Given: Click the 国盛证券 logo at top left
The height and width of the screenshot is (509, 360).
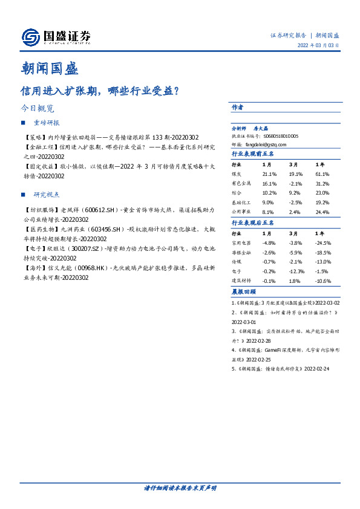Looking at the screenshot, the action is point(56,37).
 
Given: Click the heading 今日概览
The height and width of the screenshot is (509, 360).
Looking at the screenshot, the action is point(38,109).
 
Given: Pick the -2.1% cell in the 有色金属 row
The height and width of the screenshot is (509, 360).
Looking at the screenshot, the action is point(295,183).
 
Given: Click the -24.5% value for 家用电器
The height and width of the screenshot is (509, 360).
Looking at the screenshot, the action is point(325,242).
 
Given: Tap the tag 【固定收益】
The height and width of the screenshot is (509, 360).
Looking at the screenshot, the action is point(39,166).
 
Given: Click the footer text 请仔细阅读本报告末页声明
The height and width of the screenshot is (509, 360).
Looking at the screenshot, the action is point(180,487).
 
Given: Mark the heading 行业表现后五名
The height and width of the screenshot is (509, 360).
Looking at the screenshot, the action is point(253,223).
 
